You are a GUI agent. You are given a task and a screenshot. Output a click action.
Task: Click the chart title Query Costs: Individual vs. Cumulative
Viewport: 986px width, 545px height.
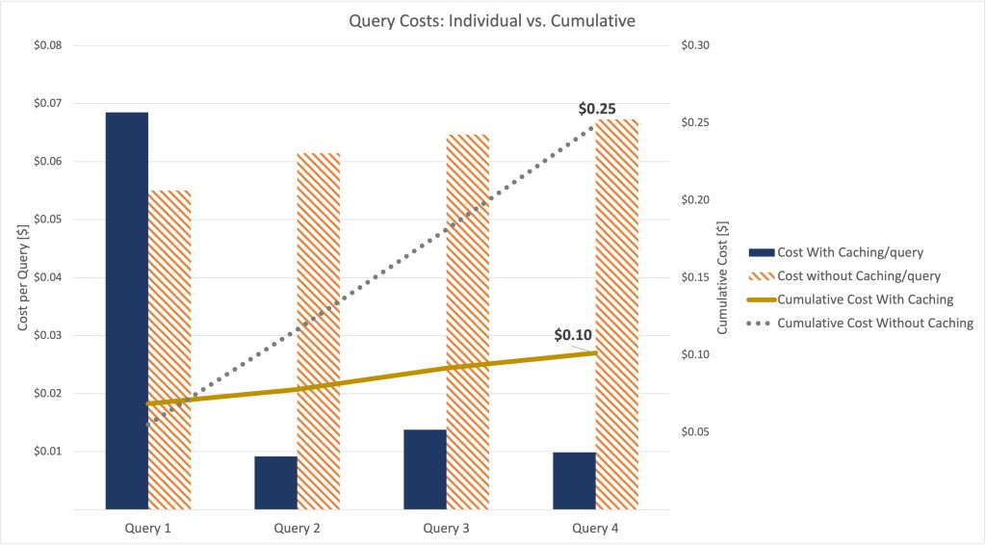[x=492, y=20]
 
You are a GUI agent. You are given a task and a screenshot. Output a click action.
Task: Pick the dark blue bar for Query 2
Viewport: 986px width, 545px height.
[x=275, y=482]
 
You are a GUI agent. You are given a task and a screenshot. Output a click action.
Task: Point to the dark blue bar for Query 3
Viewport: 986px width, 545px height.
[x=425, y=469]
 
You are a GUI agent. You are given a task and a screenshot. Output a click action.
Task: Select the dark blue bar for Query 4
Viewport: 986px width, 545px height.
[x=574, y=480]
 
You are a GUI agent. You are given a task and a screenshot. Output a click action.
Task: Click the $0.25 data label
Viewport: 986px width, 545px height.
[x=597, y=109]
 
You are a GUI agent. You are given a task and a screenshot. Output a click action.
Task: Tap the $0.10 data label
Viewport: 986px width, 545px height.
[x=573, y=335]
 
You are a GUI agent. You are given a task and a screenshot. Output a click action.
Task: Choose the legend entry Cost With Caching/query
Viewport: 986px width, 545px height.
[x=850, y=252]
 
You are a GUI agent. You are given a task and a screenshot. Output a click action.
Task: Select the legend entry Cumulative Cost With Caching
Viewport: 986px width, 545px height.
[x=865, y=299]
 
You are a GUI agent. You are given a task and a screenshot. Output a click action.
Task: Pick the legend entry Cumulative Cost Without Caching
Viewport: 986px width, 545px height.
[x=875, y=323]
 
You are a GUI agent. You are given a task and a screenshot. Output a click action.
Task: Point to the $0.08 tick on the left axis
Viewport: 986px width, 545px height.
[x=48, y=45]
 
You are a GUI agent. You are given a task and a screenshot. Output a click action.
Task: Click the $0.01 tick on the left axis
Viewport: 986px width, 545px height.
[x=48, y=452]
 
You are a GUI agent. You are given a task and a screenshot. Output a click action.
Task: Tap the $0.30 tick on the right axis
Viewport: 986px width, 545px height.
[x=695, y=45]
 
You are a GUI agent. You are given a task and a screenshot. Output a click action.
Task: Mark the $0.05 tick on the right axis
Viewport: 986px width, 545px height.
[x=695, y=432]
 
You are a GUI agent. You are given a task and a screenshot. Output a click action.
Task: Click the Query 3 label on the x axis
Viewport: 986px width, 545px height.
[x=446, y=528]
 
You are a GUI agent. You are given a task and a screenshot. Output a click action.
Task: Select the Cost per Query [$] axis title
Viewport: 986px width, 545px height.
[x=22, y=277]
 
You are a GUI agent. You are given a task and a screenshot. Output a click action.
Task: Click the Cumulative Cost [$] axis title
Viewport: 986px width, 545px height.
[x=724, y=277]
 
